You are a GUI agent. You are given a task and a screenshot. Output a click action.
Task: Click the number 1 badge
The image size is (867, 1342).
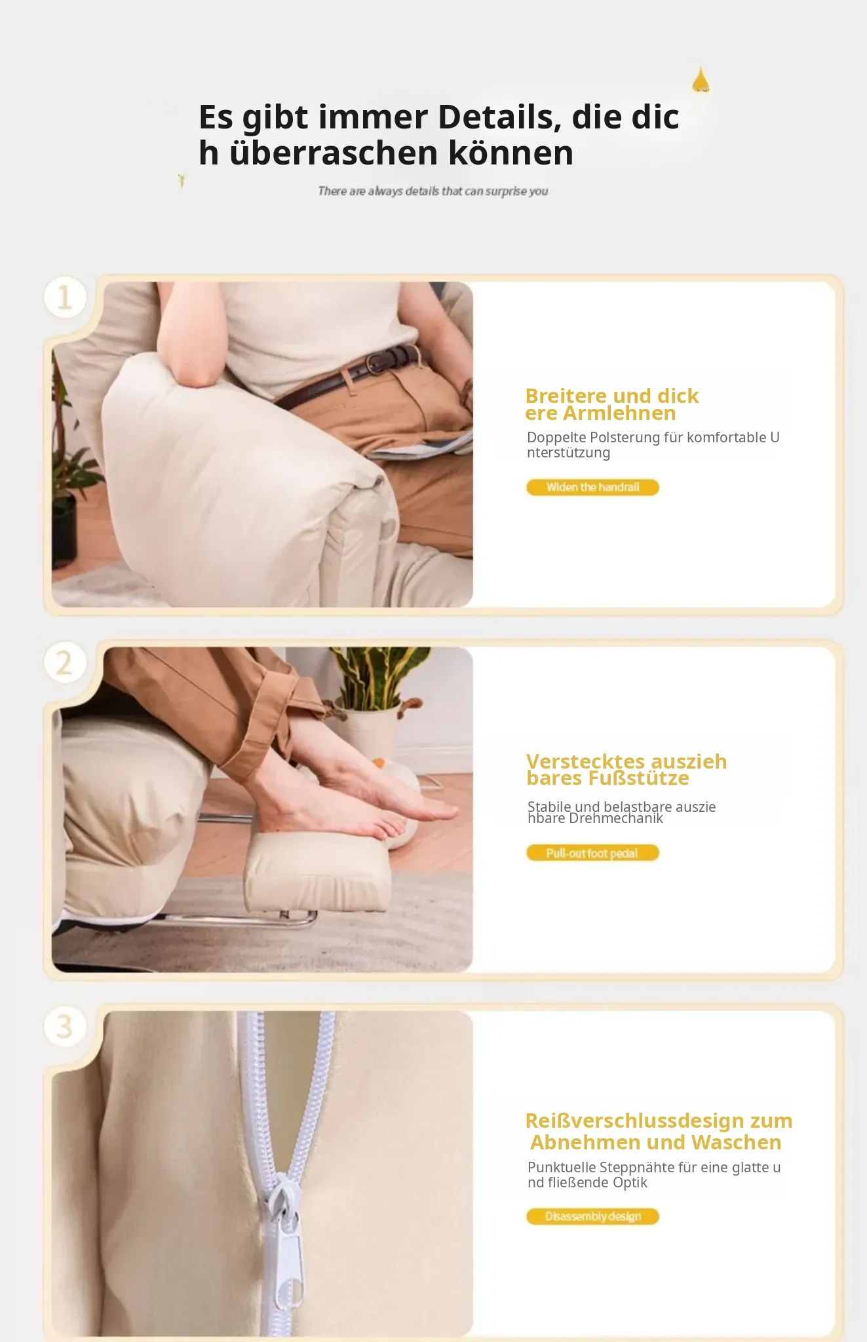click(x=65, y=297)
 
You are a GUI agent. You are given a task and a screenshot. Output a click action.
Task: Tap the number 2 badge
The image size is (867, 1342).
click(x=65, y=662)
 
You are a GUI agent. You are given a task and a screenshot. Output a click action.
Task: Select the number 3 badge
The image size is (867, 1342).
click(x=65, y=1026)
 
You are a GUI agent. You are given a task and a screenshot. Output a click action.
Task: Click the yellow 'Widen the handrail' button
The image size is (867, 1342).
click(x=592, y=488)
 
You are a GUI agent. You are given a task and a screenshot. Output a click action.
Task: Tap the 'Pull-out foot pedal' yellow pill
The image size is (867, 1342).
click(x=592, y=853)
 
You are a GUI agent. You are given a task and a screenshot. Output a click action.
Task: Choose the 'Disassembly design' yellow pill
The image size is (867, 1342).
click(x=592, y=1216)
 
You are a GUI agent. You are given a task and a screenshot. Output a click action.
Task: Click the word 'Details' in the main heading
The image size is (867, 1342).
click(x=499, y=117)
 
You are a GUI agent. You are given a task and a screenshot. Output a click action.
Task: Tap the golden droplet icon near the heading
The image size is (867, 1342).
click(x=701, y=80)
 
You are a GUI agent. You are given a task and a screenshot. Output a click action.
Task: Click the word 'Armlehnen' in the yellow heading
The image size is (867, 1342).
click(x=619, y=413)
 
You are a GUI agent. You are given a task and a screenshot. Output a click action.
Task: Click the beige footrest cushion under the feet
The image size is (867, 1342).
click(x=318, y=872)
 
